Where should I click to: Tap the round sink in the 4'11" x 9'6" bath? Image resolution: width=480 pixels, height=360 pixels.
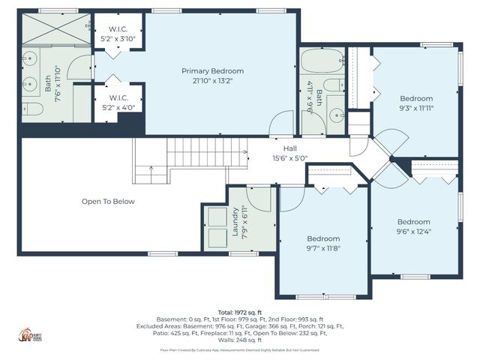335,115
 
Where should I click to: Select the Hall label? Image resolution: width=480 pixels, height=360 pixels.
289,148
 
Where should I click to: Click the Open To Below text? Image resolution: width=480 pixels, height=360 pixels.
108,201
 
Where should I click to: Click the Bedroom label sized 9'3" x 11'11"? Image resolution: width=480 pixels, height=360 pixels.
415,99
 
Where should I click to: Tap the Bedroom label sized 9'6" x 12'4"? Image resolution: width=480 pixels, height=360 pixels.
413,222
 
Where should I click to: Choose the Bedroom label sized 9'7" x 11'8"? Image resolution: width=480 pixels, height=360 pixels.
323,238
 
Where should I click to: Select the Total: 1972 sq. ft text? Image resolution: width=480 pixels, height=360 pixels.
239,311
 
